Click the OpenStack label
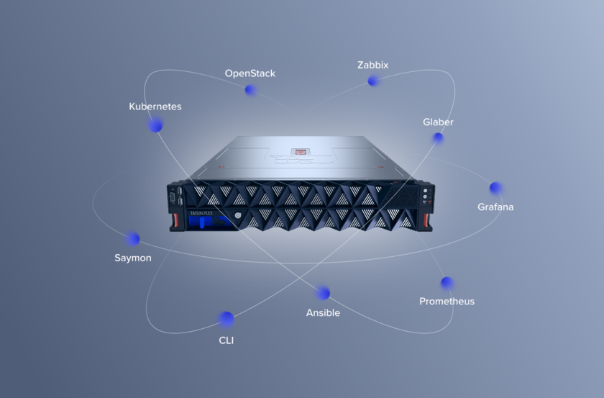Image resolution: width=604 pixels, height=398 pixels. tap(250, 73)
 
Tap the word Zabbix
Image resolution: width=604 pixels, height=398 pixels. tap(372, 65)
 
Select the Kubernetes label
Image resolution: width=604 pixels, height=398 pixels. tap(155, 107)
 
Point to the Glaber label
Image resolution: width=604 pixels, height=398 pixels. tap(438, 122)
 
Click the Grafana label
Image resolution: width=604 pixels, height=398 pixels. tap(495, 207)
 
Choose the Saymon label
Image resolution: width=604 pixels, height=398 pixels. tap(132, 258)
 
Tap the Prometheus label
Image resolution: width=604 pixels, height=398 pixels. tap(447, 302)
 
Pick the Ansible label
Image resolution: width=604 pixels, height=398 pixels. tap(323, 313)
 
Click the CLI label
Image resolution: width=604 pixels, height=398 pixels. tap(226, 340)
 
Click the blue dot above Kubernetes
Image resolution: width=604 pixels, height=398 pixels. tap(155, 125)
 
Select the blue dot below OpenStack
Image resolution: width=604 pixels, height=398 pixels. tap(250, 90)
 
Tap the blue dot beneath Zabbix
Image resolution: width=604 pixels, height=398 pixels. tap(372, 81)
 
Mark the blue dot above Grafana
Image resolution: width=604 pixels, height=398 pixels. tap(495, 188)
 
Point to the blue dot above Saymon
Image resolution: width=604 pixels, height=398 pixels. tap(133, 239)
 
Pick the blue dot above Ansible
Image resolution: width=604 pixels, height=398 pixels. tap(324, 293)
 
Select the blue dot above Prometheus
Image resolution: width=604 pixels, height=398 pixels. tap(447, 283)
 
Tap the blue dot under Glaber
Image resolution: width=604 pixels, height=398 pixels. tap(438, 137)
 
